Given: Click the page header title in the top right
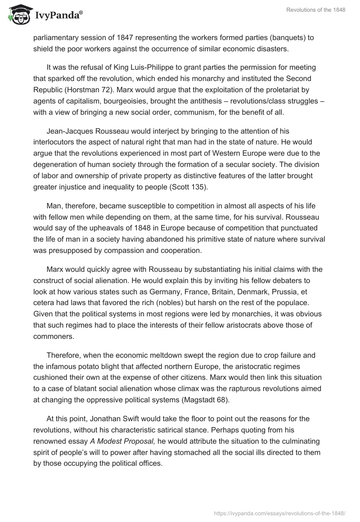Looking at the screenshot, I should click(315, 10).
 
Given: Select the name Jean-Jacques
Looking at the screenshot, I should click(69, 131).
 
